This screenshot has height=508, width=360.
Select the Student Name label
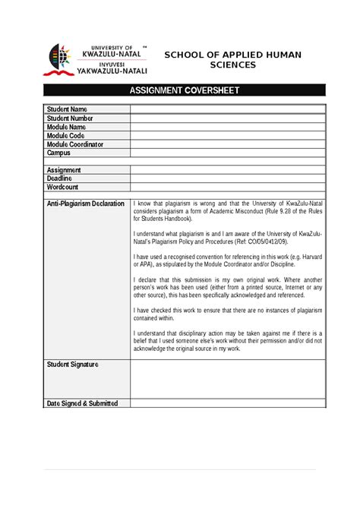68,109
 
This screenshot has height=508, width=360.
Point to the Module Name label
66,127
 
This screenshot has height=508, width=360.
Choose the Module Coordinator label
74,144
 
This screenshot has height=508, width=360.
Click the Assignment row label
64,170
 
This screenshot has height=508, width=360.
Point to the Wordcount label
64,187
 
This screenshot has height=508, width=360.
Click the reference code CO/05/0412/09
261,241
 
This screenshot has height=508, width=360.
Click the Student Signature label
73,364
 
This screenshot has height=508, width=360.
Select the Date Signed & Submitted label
82,403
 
